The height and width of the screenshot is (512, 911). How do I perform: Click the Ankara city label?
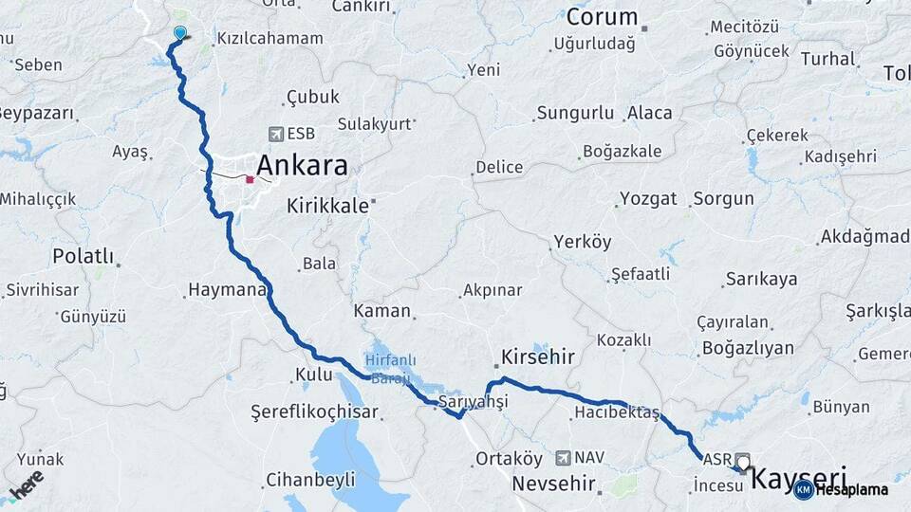[300, 166]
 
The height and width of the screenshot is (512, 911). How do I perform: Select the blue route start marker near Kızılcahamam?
[180, 33]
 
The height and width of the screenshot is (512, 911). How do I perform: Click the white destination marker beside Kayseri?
[743, 462]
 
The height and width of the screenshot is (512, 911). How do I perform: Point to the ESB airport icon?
[276, 134]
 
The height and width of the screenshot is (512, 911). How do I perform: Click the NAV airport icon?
[565, 457]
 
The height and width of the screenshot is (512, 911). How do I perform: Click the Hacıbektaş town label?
[617, 412]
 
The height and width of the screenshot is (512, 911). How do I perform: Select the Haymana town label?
[227, 289]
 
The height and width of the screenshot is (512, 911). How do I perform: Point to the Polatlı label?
[83, 256]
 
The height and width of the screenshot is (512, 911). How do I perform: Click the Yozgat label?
[648, 199]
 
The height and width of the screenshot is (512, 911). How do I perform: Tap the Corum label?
[602, 17]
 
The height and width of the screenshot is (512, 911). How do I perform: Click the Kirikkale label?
[327, 206]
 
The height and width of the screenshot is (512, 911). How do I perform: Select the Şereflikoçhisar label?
[314, 412]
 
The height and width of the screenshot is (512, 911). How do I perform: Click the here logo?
[26, 485]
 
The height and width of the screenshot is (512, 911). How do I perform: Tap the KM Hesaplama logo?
[841, 489]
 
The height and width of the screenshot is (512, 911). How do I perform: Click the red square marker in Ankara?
[250, 178]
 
